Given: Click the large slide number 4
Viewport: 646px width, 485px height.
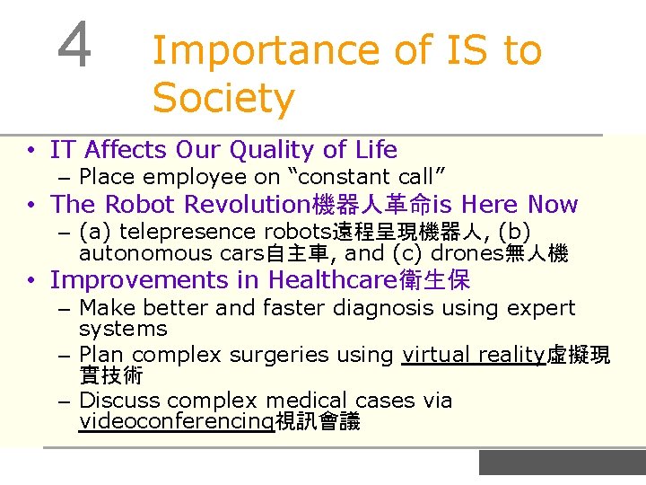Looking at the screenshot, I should [x=74, y=46].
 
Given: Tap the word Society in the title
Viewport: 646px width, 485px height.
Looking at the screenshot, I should [x=223, y=97].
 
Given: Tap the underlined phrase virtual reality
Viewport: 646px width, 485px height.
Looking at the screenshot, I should [x=473, y=355].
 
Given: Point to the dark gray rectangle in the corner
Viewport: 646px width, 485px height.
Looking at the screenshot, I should [x=562, y=462].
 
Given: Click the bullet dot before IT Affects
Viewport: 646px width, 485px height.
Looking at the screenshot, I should [x=31, y=150].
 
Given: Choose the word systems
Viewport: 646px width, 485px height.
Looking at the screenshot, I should [x=123, y=329].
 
